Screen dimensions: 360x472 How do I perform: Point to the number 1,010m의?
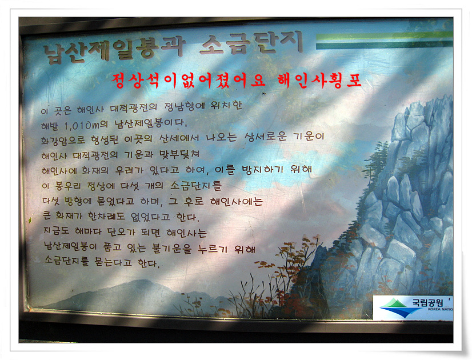pyautogui.click(x=86, y=125)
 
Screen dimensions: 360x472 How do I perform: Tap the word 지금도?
pyautogui.click(x=55, y=233)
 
